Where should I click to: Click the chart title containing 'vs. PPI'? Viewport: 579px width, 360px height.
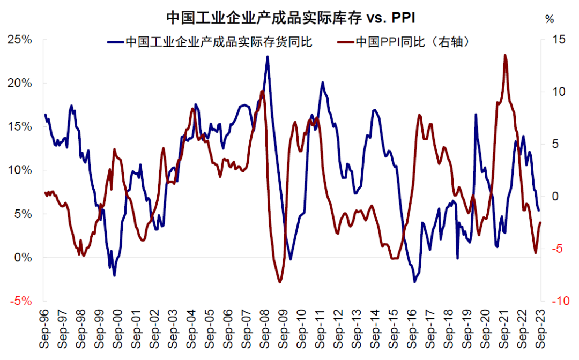coord(290,17)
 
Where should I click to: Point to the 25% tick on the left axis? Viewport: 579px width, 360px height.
coord(20,40)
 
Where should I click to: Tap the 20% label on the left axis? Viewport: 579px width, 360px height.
coord(20,83)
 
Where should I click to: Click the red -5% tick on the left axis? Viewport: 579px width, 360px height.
coord(21,301)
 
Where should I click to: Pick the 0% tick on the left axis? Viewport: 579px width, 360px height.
coord(24,258)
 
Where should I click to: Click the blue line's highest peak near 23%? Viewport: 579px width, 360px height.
coord(268,57)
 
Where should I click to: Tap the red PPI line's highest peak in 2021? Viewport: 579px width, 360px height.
coord(505,55)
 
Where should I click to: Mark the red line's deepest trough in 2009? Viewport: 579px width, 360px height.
coord(280,282)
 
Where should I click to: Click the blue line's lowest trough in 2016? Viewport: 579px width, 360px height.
coord(414,281)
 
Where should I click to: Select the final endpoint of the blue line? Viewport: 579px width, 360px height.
coord(539,211)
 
